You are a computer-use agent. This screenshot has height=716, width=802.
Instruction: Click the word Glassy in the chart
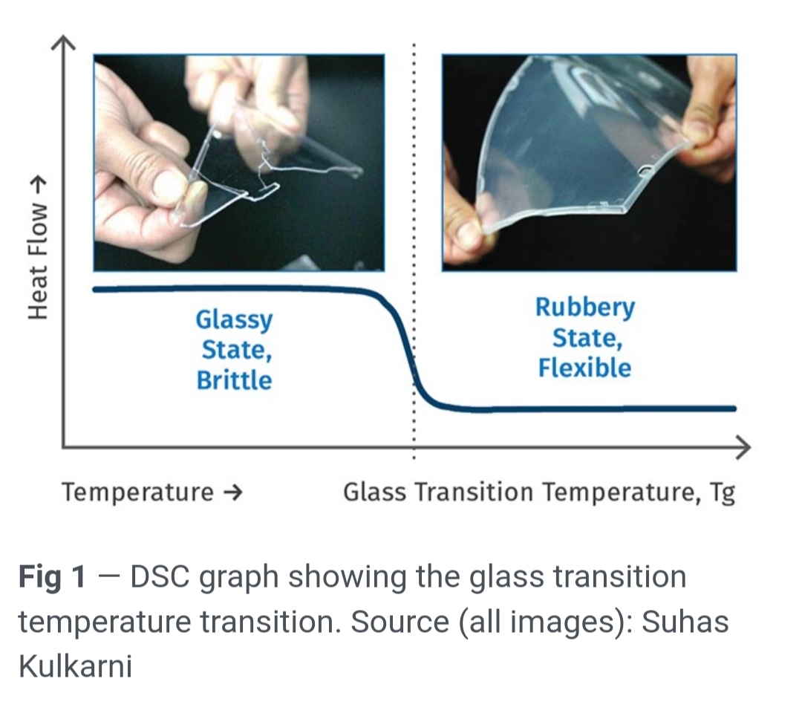(x=234, y=321)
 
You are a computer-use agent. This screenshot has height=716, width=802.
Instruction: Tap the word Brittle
(x=234, y=380)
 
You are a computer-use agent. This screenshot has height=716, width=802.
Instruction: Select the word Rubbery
(x=585, y=308)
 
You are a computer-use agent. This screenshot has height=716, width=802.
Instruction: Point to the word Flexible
(x=584, y=368)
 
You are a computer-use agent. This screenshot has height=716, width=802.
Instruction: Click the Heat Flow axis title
(x=38, y=248)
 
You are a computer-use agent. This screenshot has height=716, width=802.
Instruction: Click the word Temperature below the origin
(x=137, y=492)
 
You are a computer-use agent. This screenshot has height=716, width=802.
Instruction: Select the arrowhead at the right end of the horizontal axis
(x=743, y=447)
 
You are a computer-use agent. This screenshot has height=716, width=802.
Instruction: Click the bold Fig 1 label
(x=52, y=578)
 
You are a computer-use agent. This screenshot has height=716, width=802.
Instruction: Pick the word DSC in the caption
(x=160, y=577)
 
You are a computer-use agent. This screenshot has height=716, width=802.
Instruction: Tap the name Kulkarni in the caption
(x=75, y=666)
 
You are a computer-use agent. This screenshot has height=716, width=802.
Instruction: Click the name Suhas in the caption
(x=685, y=622)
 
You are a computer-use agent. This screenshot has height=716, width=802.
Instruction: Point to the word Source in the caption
(x=400, y=622)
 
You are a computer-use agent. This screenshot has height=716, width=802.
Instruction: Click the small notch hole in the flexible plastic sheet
(x=645, y=169)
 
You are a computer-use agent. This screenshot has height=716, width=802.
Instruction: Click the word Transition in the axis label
(x=474, y=492)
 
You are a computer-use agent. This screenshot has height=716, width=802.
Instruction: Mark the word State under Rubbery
(x=587, y=339)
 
